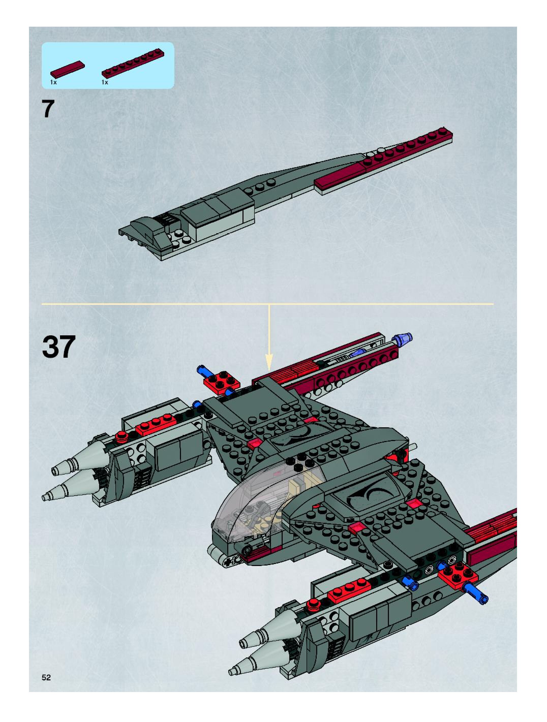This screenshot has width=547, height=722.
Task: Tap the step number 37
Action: click(59, 347)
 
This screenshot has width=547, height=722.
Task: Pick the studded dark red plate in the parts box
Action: click(133, 64)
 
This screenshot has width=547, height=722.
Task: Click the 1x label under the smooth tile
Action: click(53, 82)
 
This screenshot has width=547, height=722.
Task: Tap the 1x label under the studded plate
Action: click(104, 82)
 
